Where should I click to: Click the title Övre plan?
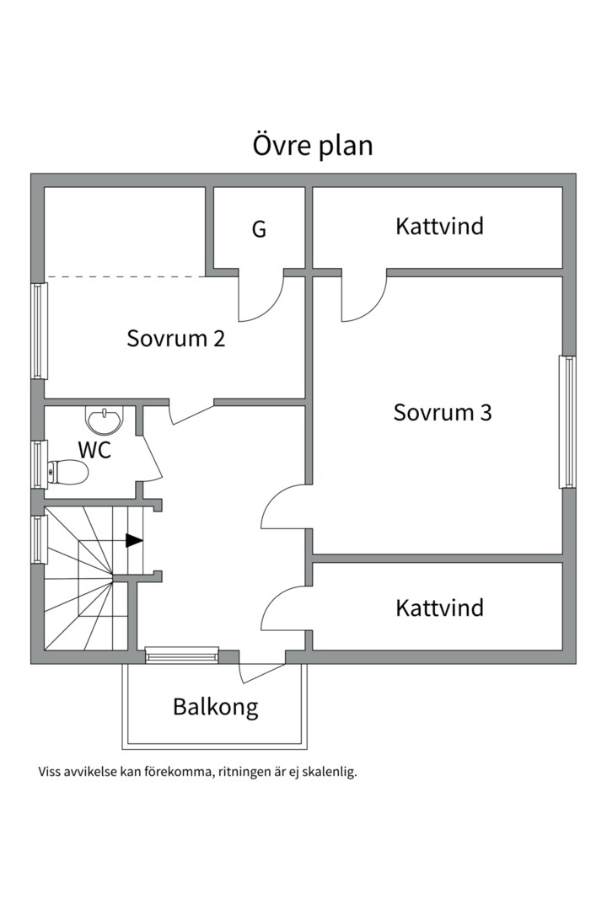pyautogui.click(x=313, y=145)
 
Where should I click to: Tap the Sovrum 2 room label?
pyautogui.click(x=176, y=339)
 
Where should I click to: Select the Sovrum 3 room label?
pyautogui.click(x=443, y=413)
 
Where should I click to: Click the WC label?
pyautogui.click(x=94, y=450)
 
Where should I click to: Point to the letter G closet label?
pyautogui.click(x=259, y=229)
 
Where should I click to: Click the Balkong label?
pyautogui.click(x=215, y=706)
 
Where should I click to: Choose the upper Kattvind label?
pyautogui.click(x=439, y=226)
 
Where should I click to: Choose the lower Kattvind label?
pyautogui.click(x=439, y=608)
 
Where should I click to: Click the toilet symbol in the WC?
pyautogui.click(x=67, y=474)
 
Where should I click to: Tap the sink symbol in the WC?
pyautogui.click(x=104, y=418)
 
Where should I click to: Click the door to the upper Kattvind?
pyautogui.click(x=363, y=299)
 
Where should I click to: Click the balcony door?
pyautogui.click(x=261, y=671)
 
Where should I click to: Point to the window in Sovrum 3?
pyautogui.click(x=568, y=421)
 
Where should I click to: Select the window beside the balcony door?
pyautogui.click(x=181, y=655)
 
